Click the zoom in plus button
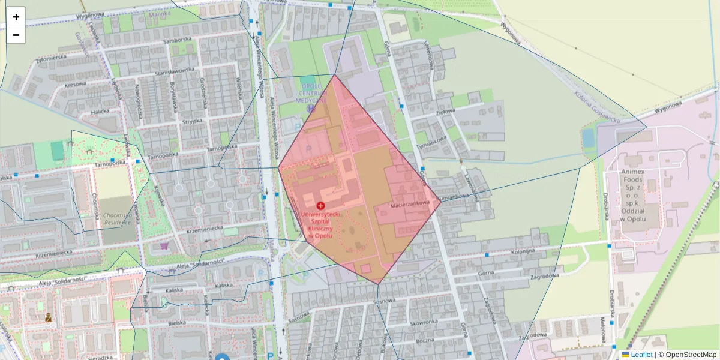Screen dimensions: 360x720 coord(16,16)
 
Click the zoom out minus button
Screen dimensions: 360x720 coord(16,35)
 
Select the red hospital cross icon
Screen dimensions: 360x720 coord(320,205)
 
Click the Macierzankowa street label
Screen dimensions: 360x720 coord(410,204)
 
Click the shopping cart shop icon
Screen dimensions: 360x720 coord(164,245)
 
